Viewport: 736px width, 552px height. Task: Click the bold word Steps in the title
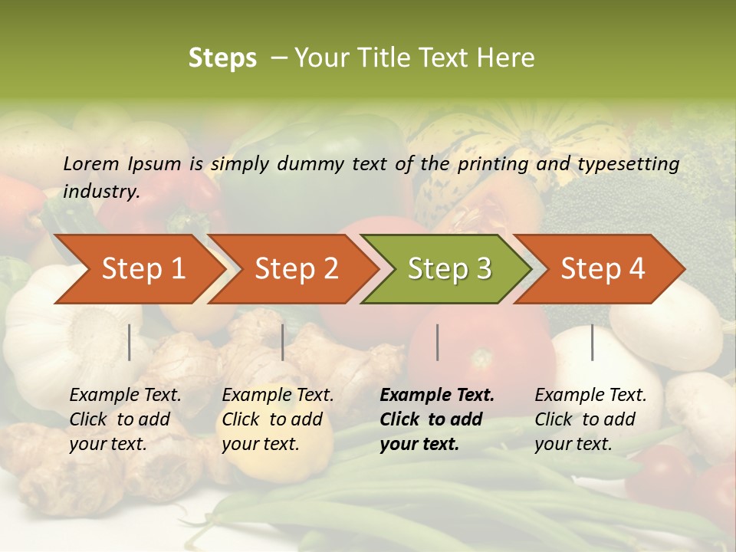click(x=222, y=58)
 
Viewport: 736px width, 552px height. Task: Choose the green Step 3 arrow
click(x=449, y=268)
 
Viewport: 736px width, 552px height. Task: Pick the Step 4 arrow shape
click(x=603, y=268)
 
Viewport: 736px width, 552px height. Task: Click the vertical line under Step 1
click(x=130, y=342)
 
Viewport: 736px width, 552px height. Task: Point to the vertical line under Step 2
click(x=283, y=342)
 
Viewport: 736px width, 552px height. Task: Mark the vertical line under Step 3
click(x=438, y=342)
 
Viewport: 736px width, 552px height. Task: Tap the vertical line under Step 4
click(x=593, y=342)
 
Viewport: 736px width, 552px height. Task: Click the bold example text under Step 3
click(x=437, y=419)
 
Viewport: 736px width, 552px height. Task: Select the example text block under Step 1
click(x=125, y=419)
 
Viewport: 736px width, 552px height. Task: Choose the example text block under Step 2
click(x=278, y=419)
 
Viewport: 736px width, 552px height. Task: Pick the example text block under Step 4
click(x=590, y=419)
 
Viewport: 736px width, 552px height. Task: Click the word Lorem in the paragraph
click(x=91, y=163)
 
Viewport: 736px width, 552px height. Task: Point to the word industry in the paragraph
click(x=101, y=191)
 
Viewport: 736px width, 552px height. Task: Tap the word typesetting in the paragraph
click(x=628, y=164)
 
